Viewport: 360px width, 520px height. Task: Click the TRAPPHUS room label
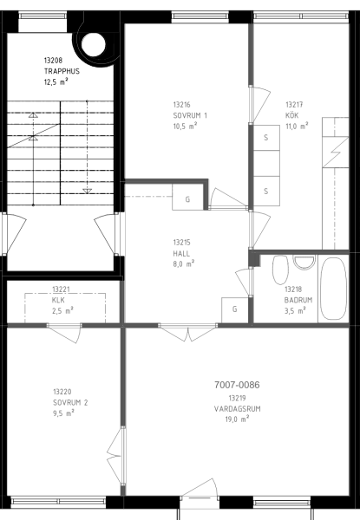point(62,71)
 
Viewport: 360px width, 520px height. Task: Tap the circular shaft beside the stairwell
point(94,44)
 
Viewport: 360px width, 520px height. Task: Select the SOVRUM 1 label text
point(190,115)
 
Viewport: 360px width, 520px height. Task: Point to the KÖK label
point(292,115)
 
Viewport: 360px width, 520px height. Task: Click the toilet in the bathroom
point(280,270)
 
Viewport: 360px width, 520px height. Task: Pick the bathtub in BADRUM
point(334,289)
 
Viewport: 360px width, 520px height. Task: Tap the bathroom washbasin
point(304,263)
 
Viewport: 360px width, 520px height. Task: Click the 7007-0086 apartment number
point(237,385)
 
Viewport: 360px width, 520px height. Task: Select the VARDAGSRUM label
point(237,408)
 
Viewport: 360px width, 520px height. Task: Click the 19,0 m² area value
point(237,419)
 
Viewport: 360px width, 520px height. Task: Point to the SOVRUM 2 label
point(70,403)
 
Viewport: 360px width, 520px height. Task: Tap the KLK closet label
point(58,300)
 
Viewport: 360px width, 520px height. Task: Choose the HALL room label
point(181,254)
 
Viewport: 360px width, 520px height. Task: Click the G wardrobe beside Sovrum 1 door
point(187,198)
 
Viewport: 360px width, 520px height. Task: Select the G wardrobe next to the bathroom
point(235,309)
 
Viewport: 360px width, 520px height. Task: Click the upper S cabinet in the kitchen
point(266,138)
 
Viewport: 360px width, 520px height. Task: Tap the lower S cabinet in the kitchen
point(266,191)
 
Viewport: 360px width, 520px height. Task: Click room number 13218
point(293,289)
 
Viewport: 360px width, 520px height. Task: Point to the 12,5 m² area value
point(56,81)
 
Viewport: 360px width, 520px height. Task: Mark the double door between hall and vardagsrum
point(187,332)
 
